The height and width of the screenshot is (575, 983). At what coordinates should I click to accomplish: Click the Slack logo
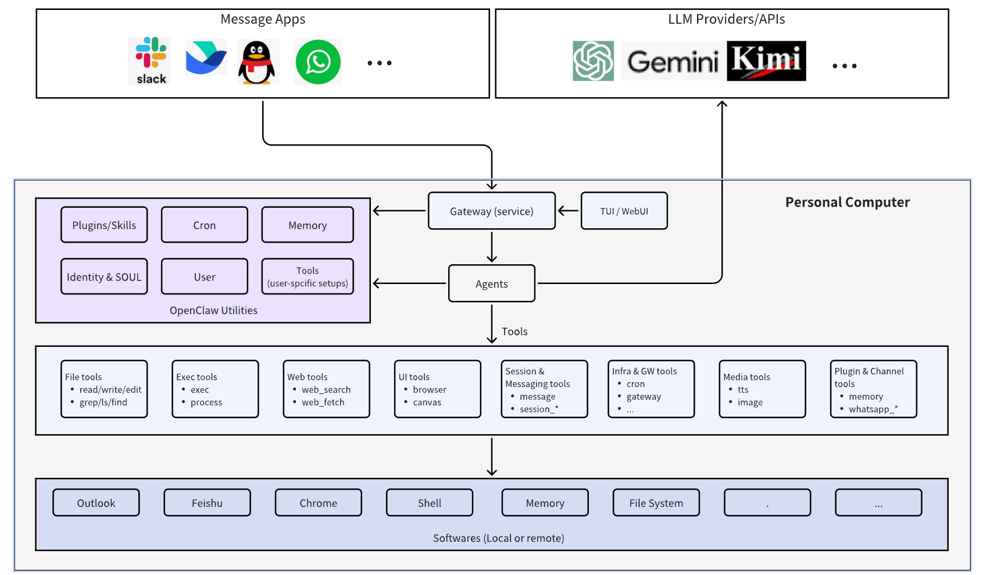click(x=151, y=61)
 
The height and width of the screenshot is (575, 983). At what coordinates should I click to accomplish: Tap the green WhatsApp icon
click(x=318, y=62)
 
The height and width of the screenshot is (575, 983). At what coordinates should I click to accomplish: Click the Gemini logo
click(x=673, y=61)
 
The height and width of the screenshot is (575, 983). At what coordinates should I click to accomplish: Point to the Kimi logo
click(x=766, y=61)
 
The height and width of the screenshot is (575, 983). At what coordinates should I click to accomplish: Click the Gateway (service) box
click(x=492, y=211)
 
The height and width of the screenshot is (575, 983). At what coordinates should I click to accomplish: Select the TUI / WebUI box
click(x=624, y=211)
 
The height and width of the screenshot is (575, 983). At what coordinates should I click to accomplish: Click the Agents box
click(x=492, y=284)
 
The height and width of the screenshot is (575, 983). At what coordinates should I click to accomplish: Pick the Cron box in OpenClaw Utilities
click(x=205, y=225)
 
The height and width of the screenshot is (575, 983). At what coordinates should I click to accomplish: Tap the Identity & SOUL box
click(x=104, y=277)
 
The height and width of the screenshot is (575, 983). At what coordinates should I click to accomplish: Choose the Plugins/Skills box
click(x=104, y=225)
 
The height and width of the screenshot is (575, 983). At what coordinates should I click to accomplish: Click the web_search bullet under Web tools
click(x=326, y=390)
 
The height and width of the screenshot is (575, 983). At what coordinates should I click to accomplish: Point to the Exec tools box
click(x=215, y=389)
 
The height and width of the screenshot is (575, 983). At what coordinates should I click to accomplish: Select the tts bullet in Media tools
click(x=743, y=390)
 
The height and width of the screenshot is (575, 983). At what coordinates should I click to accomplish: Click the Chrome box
click(x=319, y=503)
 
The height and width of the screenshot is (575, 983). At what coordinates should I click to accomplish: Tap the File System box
click(x=656, y=503)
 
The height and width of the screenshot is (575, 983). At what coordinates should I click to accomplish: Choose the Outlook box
click(x=96, y=503)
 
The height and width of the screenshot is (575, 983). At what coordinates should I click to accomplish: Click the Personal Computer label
click(x=848, y=203)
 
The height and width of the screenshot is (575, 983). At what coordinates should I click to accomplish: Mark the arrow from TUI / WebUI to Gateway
click(x=569, y=211)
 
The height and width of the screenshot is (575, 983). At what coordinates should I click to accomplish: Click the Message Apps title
click(x=263, y=19)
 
